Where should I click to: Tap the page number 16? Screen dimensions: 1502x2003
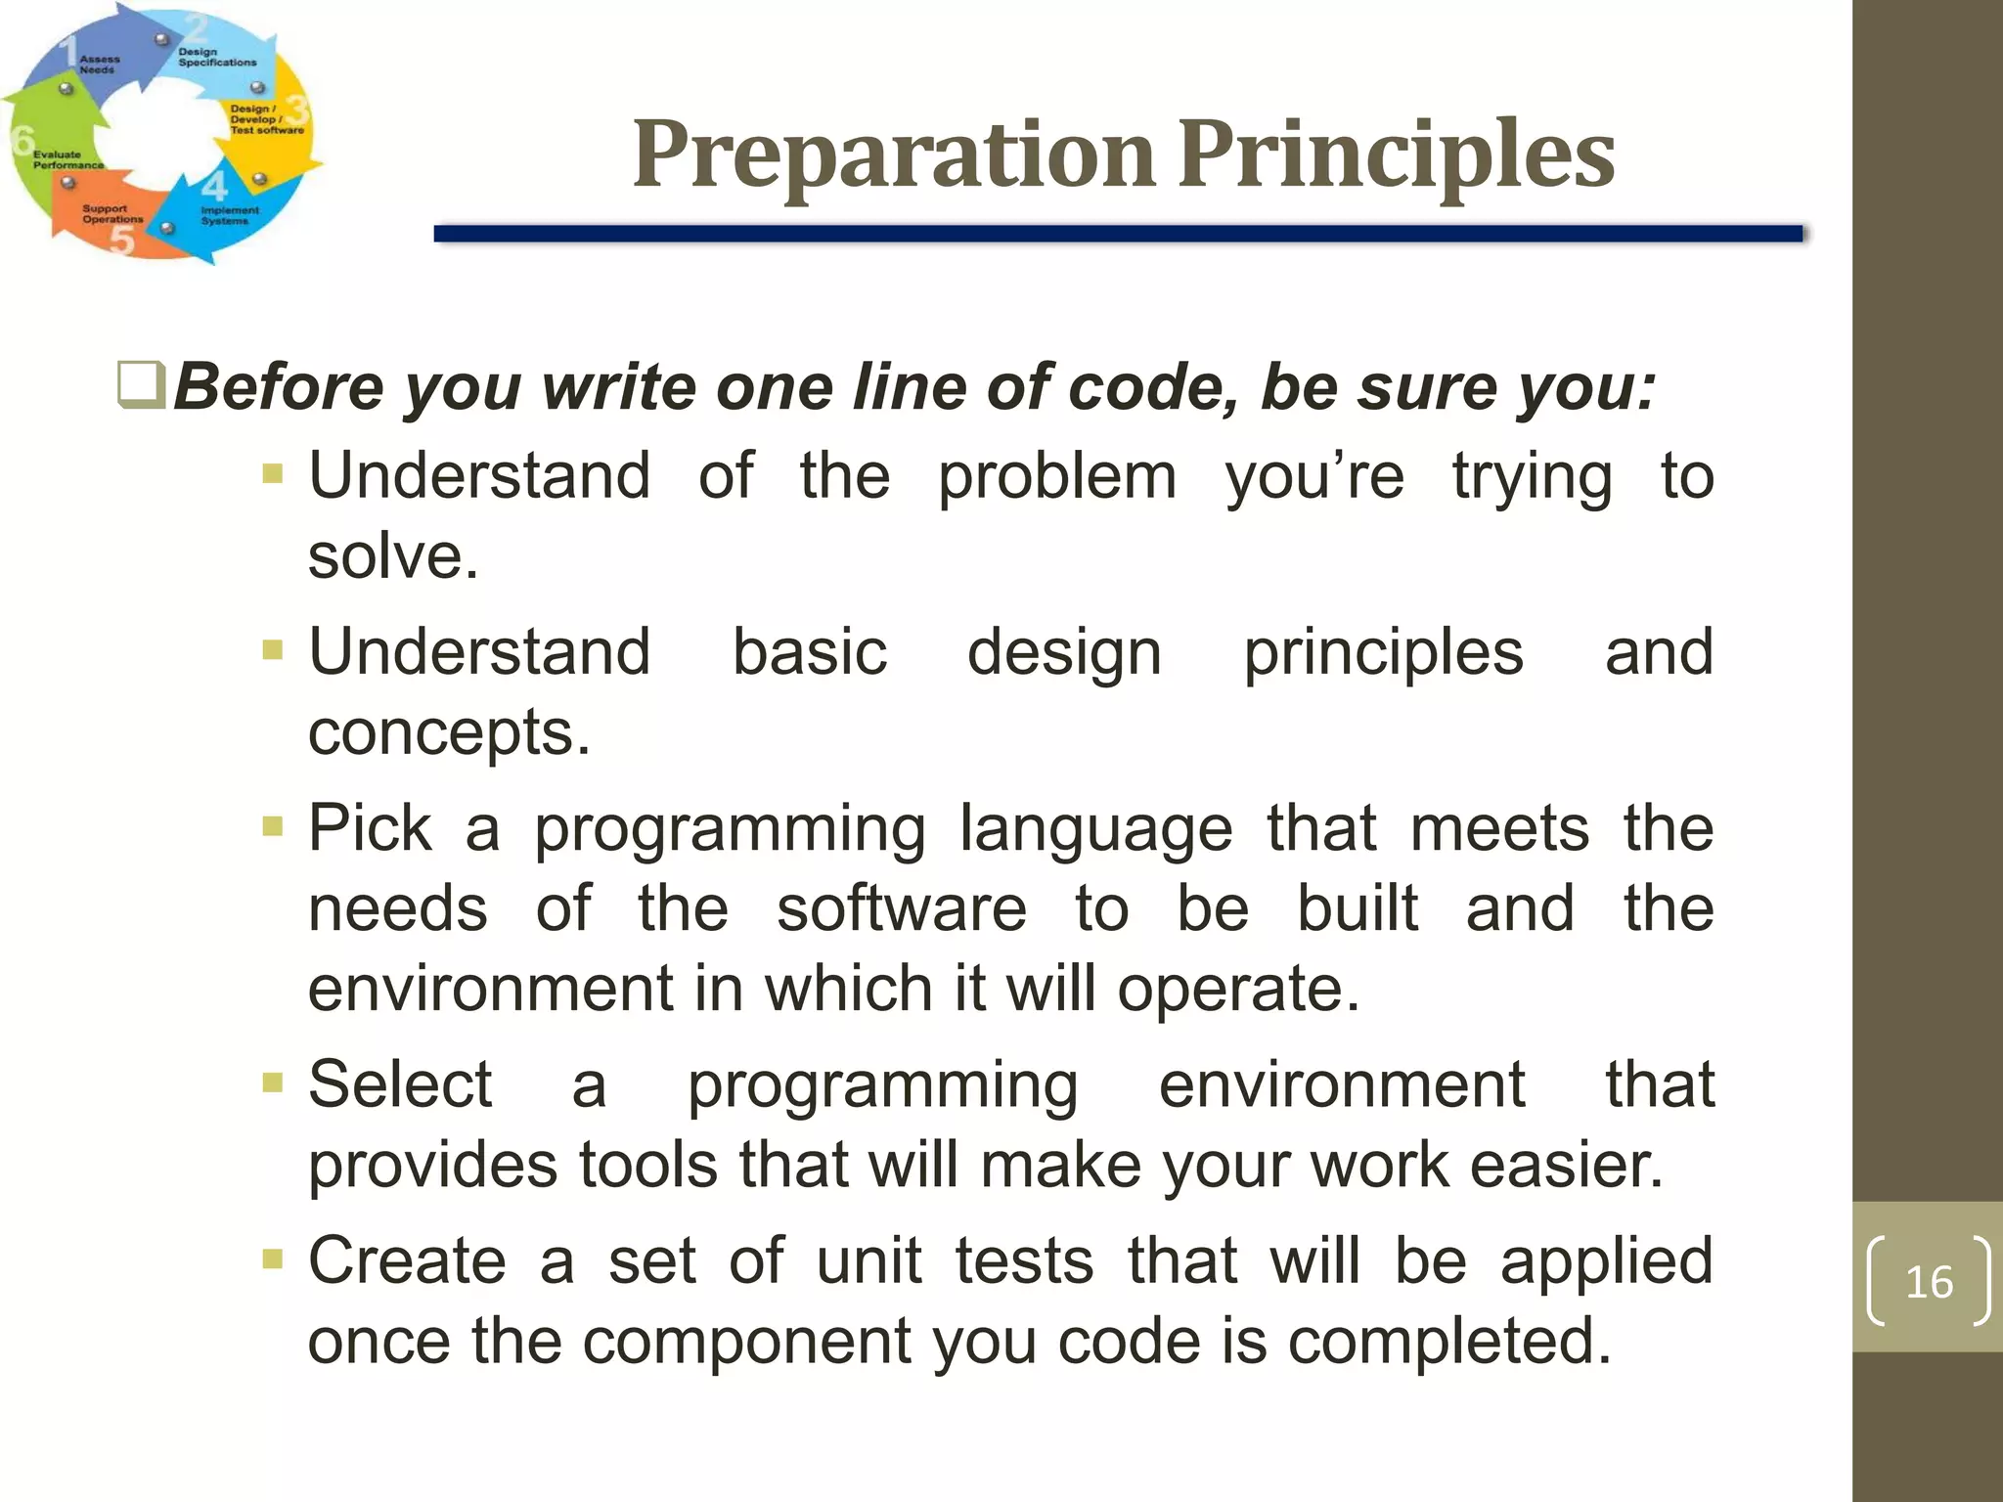point(1929,1282)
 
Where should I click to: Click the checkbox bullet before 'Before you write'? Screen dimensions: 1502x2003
point(141,385)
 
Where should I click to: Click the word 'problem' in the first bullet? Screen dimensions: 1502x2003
point(1057,477)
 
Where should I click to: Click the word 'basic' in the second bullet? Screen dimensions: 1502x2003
point(810,652)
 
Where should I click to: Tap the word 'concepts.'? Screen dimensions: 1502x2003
point(449,733)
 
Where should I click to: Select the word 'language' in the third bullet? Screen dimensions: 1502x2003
point(1095,829)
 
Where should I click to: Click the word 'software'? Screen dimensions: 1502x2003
point(902,909)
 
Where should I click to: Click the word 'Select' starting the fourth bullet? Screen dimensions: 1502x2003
point(400,1084)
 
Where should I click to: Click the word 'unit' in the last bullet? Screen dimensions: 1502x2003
point(869,1260)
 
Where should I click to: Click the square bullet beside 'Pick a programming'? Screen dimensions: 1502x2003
point(273,828)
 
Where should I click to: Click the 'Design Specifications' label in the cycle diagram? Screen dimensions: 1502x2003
point(216,58)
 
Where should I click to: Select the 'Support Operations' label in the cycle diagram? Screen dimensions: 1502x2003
point(112,214)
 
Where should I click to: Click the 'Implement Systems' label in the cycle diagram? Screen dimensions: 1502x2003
point(230,215)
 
